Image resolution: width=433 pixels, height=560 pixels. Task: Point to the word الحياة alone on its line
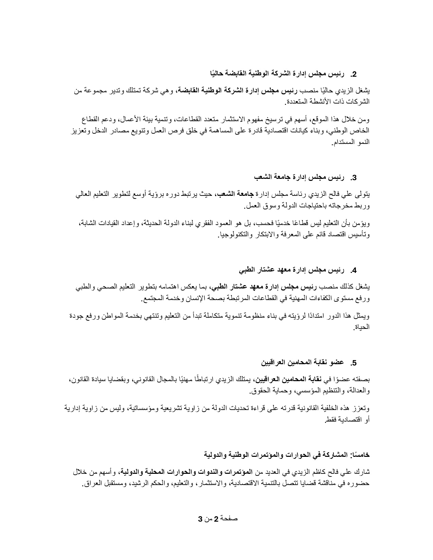362,328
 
